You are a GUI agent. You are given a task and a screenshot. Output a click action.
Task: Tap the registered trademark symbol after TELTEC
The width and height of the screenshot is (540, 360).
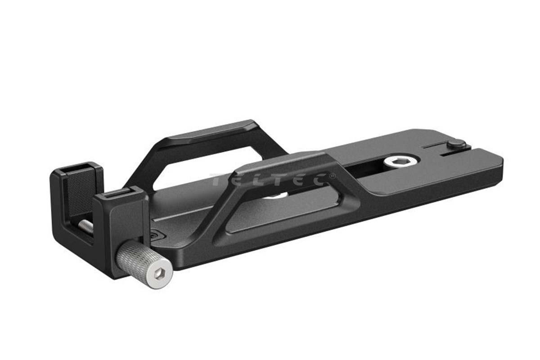333,176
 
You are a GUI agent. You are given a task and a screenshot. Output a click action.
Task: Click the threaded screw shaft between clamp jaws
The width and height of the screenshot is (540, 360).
87,227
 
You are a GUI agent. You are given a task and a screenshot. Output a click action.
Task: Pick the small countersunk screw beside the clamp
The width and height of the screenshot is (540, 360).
156,235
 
